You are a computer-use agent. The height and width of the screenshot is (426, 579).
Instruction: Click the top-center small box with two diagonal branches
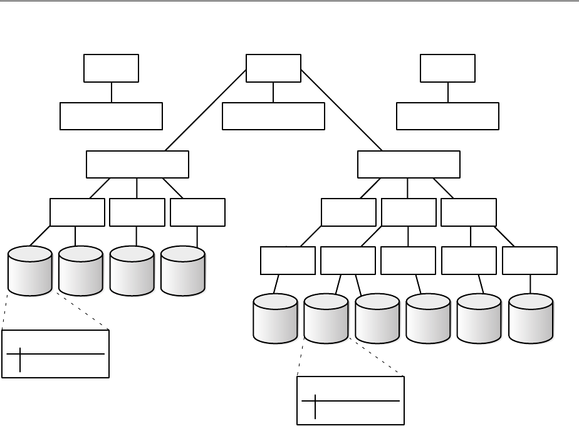click(x=273, y=68)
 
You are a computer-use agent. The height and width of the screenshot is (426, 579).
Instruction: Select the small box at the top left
click(x=112, y=68)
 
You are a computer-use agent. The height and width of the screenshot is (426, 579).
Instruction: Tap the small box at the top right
click(x=447, y=68)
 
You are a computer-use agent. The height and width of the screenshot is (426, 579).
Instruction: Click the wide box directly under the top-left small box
click(x=112, y=116)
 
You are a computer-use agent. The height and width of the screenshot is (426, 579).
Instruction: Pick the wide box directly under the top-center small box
click(x=273, y=116)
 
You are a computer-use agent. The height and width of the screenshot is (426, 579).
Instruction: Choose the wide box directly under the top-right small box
click(x=447, y=116)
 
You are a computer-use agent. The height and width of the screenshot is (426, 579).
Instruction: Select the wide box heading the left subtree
click(x=137, y=164)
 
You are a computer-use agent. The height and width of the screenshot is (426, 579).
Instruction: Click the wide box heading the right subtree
click(x=409, y=164)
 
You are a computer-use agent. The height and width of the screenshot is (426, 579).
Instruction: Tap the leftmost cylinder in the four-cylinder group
click(x=30, y=271)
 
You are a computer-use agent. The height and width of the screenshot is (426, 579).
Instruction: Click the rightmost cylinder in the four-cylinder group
click(x=183, y=271)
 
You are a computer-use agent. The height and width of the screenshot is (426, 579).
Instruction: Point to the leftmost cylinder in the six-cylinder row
click(x=275, y=318)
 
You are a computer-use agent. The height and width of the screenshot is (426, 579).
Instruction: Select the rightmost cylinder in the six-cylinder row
click(x=531, y=318)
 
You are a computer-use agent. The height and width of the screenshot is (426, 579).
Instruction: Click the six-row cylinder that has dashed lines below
click(x=326, y=318)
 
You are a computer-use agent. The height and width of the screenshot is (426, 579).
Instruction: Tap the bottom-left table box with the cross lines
click(x=56, y=354)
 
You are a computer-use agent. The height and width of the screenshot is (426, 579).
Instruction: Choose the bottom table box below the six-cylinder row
click(x=350, y=401)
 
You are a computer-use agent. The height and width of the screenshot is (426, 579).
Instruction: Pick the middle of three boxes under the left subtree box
click(x=137, y=212)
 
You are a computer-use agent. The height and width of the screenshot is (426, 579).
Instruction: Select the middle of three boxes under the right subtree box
click(x=409, y=212)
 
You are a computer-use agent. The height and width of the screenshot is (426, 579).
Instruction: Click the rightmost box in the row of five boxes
click(x=529, y=261)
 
